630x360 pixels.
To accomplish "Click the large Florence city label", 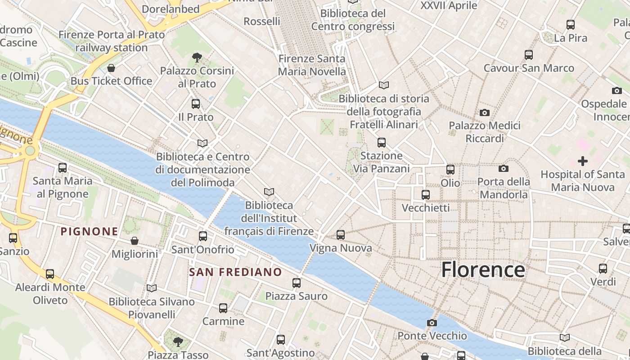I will (x=483, y=270).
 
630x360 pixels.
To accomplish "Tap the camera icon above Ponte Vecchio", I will (x=432, y=323).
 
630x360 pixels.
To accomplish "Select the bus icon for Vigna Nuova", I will (x=341, y=234).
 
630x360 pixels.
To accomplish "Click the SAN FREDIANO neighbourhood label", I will (x=235, y=272).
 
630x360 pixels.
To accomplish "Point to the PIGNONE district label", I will (x=90, y=232).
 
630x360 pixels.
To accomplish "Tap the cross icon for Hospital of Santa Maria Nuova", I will (x=583, y=161).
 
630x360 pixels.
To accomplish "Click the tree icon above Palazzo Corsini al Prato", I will (x=197, y=57).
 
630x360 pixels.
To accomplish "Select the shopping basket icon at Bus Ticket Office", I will (x=111, y=68).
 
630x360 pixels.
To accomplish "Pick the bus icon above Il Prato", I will (x=196, y=104).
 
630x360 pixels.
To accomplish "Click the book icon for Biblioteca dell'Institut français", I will (x=269, y=192).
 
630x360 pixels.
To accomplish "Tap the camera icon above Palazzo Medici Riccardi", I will (x=485, y=112).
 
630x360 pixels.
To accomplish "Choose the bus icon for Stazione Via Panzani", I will (x=382, y=143).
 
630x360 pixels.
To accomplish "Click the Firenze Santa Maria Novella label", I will (x=312, y=65).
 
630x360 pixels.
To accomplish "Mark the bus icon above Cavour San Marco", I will (x=529, y=55).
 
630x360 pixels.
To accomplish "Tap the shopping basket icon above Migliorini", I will (x=135, y=241).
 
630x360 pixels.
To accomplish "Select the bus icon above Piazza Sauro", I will (x=296, y=283).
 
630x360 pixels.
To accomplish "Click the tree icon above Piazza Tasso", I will (x=178, y=342).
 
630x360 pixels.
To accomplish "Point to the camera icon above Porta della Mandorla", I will (x=504, y=168).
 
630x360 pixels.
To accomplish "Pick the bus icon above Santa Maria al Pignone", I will (x=63, y=168).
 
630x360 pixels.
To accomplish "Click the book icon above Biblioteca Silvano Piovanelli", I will (x=152, y=288).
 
